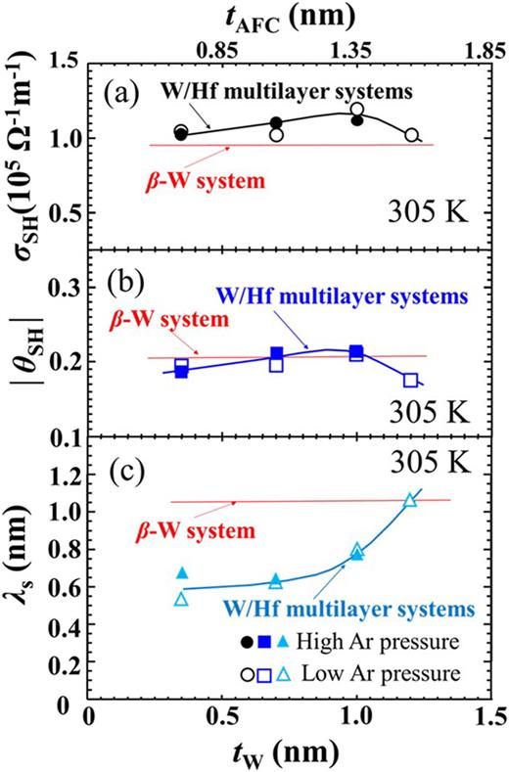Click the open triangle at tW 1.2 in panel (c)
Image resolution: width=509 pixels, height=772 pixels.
point(410,499)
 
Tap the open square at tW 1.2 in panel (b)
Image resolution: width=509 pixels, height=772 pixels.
point(410,380)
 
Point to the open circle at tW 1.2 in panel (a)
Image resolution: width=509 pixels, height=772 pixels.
point(411,135)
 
